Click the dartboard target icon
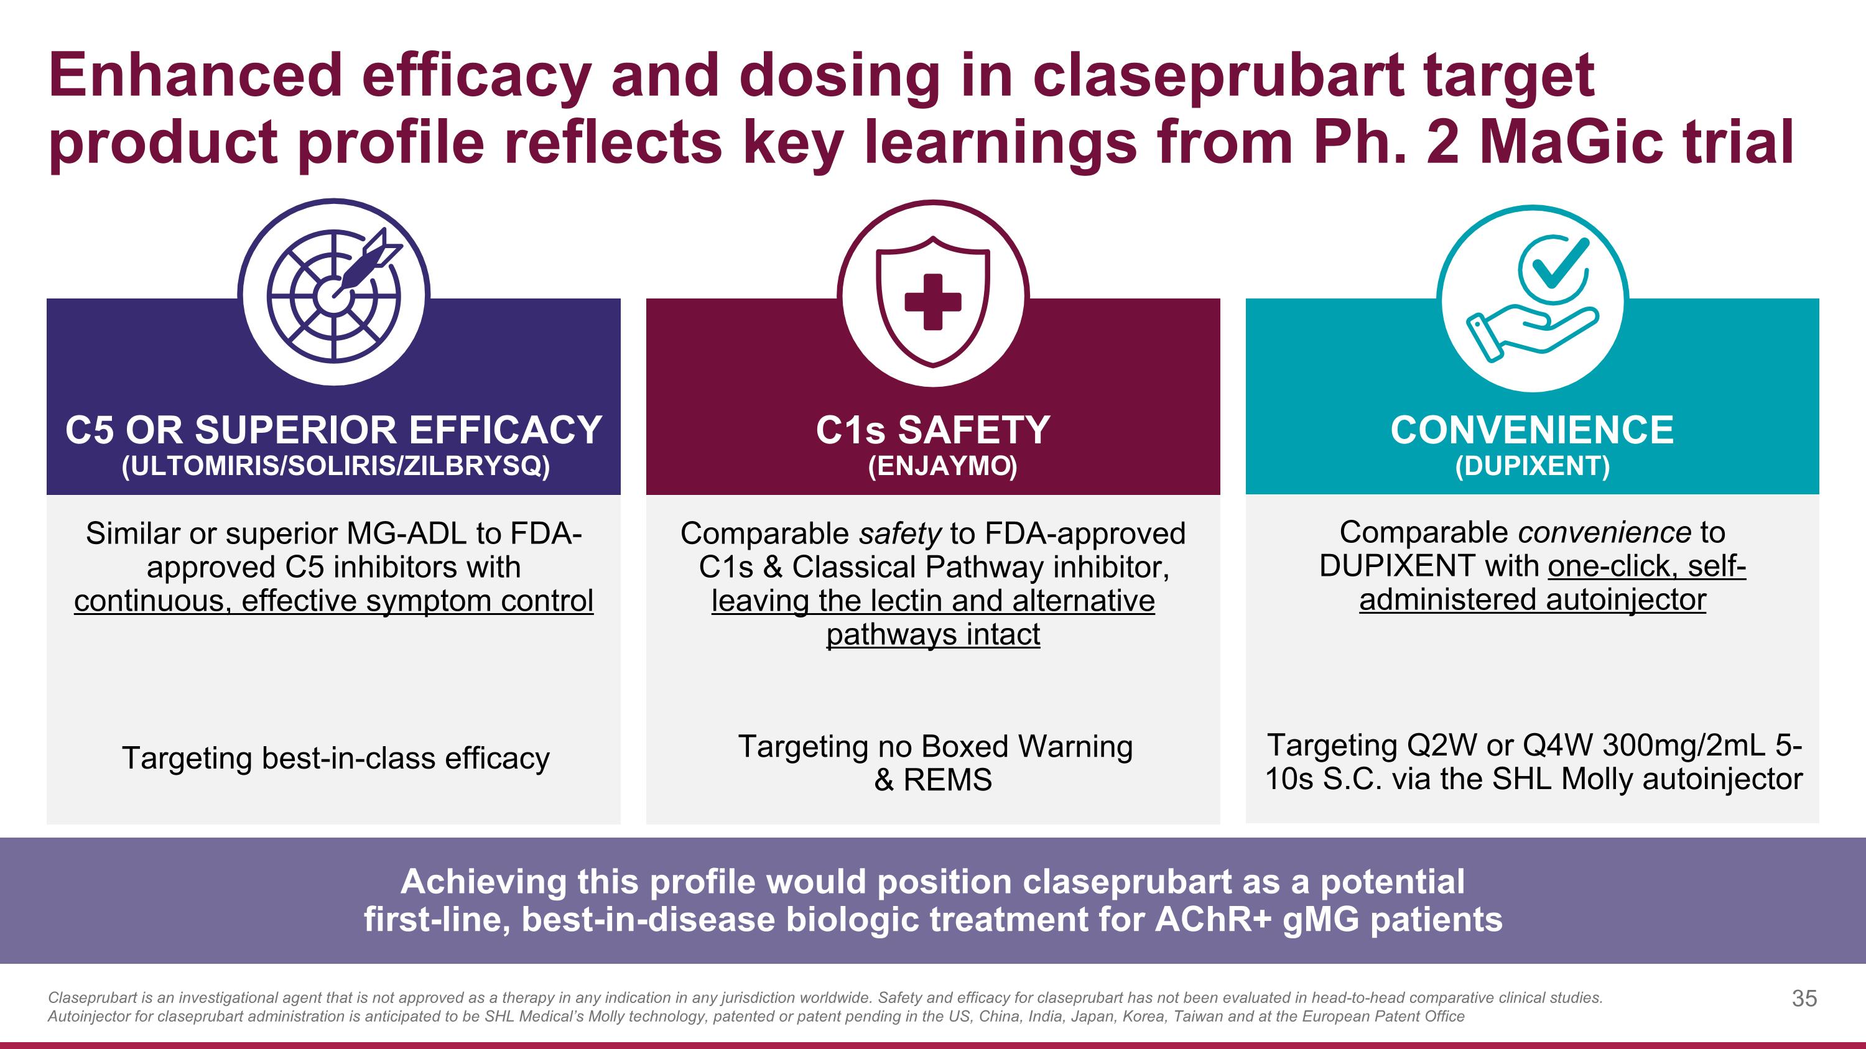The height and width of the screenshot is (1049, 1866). (334, 294)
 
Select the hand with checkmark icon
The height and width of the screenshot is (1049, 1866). (1533, 299)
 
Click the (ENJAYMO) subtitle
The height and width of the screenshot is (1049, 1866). (942, 466)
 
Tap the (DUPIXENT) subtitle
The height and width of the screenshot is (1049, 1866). (1533, 466)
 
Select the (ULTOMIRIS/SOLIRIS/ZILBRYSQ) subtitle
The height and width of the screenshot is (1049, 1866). (336, 466)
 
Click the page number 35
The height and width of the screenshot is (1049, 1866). (1804, 999)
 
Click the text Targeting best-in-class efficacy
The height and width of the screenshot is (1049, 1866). (336, 759)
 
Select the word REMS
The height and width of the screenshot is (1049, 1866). (947, 780)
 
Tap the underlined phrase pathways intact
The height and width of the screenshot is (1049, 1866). (933, 635)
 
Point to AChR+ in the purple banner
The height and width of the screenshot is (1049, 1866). (1214, 920)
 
